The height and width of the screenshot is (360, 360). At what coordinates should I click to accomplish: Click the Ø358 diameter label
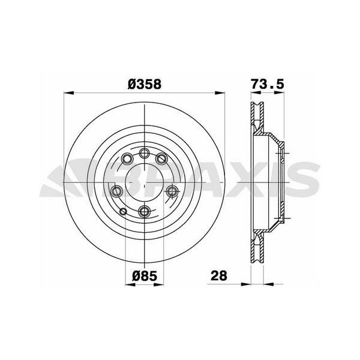point(145,84)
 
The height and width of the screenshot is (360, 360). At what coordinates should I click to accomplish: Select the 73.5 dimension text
point(267,83)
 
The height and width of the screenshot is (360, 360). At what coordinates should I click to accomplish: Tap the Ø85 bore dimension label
point(145,275)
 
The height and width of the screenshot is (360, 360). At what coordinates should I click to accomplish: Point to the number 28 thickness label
point(219,275)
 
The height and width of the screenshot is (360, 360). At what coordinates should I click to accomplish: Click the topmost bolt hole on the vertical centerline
point(144,153)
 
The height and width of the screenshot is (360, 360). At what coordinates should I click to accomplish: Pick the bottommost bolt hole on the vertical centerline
point(144,211)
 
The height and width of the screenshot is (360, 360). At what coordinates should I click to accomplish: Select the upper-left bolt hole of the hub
point(127,158)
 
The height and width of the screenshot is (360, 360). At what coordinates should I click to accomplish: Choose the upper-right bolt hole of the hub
point(161,158)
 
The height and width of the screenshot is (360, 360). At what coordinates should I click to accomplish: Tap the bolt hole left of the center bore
point(116,191)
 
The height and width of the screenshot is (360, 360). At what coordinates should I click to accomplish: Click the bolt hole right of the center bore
point(172,191)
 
